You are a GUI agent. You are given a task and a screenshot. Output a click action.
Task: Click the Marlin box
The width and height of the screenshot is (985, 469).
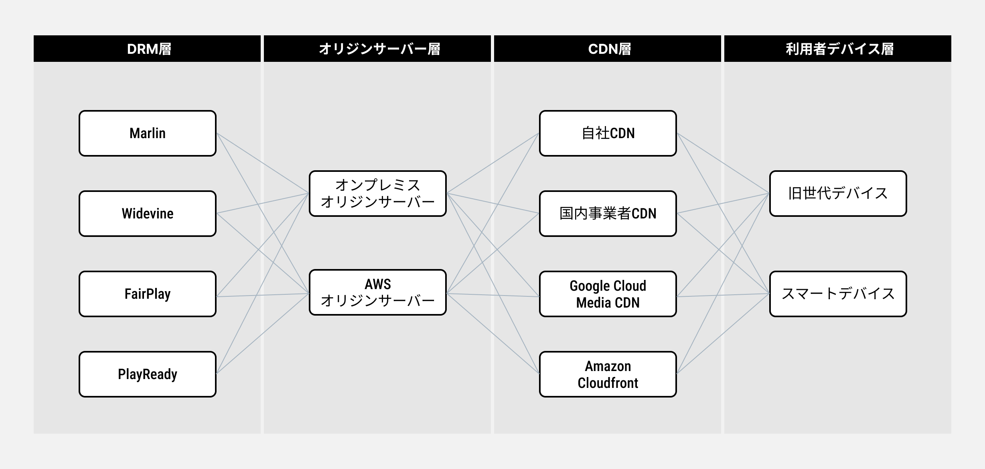(x=148, y=133)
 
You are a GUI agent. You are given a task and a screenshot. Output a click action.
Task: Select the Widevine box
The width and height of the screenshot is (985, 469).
(x=148, y=214)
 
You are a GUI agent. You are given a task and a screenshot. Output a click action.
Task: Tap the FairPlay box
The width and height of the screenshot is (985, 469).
(x=148, y=294)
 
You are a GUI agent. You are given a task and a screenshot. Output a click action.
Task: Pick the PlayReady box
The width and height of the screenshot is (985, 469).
(x=148, y=374)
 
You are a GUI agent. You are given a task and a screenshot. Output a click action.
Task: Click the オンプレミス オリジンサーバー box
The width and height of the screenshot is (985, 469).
(x=378, y=194)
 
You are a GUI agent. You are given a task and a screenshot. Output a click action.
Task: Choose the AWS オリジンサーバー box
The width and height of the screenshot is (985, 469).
(x=378, y=292)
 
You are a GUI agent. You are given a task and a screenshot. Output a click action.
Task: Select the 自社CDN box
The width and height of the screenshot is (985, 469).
(x=608, y=133)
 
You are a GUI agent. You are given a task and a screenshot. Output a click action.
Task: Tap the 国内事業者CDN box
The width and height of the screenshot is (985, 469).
(x=608, y=214)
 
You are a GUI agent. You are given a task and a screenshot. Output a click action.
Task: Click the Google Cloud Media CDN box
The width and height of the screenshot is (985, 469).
(x=608, y=294)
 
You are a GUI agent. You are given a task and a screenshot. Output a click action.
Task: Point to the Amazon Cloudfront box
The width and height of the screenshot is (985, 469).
(x=608, y=374)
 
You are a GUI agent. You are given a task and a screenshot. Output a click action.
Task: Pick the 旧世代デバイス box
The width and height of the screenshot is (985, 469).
(x=838, y=194)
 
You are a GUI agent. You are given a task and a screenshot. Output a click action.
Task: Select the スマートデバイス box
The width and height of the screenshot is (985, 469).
(x=838, y=294)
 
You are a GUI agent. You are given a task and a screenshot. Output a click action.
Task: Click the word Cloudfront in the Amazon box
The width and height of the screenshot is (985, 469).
(x=608, y=383)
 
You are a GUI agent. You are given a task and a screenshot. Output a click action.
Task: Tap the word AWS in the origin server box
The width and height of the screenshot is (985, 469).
(x=378, y=284)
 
